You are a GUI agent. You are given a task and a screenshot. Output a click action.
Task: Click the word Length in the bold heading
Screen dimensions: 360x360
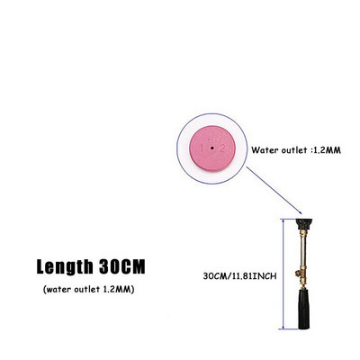click(65, 266)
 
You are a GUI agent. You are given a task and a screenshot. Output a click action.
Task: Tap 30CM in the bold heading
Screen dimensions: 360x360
click(122, 266)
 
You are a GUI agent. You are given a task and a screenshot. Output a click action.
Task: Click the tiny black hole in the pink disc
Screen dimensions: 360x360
click(211, 148)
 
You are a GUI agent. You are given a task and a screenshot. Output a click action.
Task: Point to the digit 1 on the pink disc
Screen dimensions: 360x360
click(202, 148)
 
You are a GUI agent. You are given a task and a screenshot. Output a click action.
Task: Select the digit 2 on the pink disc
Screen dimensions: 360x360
click(222, 148)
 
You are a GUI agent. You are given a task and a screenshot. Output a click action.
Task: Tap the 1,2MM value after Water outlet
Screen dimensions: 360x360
click(327, 150)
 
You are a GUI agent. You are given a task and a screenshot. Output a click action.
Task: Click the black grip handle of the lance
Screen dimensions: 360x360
click(303, 308)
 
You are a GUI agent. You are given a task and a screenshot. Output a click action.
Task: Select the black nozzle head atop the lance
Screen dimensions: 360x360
click(304, 224)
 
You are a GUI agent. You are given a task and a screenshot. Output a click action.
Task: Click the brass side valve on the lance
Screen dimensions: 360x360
click(299, 274)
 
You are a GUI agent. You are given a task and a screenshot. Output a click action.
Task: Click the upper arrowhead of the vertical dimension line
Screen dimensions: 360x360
click(283, 221)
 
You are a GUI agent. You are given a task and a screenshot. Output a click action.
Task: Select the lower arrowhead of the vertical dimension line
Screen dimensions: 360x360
click(283, 327)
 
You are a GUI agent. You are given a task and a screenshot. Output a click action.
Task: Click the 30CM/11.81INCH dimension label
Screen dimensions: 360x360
click(239, 276)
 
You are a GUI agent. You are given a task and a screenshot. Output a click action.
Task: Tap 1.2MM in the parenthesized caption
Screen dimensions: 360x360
click(117, 290)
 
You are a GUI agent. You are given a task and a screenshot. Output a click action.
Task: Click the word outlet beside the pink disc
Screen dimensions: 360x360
click(294, 149)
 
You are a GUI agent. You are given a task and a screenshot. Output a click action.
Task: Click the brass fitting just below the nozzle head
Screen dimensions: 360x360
click(303, 233)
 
